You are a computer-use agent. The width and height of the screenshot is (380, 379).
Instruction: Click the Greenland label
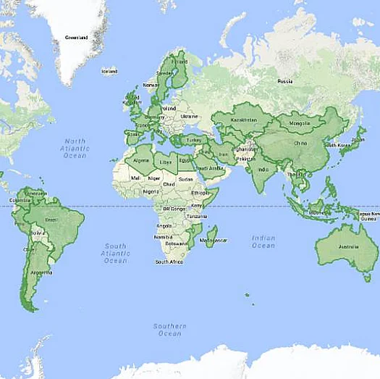pos(77,37)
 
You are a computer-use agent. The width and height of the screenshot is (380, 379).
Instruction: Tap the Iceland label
pos(110,71)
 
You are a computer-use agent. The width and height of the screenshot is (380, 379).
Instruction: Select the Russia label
pos(285,80)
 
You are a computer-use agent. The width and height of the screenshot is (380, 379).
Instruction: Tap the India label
pos(263,170)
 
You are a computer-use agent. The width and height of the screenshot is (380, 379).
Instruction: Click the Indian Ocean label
pos(263,241)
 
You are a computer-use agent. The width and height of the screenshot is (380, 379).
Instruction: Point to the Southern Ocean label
pos(169,330)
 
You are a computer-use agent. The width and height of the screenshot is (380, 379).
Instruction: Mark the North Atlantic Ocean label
pos(74,148)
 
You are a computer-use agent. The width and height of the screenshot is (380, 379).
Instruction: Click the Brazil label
pos(51,220)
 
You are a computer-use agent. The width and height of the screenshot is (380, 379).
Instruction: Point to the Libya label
pos(166,161)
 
